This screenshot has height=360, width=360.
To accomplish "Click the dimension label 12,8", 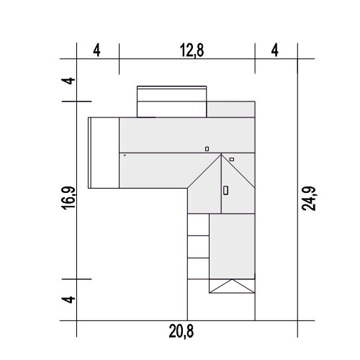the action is click(x=192, y=50).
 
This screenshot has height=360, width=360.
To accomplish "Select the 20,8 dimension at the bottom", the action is click(x=181, y=331).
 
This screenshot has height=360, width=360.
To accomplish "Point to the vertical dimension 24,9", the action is click(x=309, y=199).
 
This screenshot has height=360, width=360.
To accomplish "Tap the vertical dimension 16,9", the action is click(x=69, y=198).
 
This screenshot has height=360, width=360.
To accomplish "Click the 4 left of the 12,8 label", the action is click(x=96, y=50).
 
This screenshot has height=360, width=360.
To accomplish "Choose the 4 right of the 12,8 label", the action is click(x=275, y=50).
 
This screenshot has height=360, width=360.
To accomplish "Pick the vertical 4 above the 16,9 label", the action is click(x=69, y=81).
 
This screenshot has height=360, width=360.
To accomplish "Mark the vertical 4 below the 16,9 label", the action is click(x=69, y=300).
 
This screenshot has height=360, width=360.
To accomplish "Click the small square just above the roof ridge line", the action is click(x=207, y=149).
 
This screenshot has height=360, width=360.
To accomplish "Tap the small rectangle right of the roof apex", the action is click(x=232, y=159).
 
